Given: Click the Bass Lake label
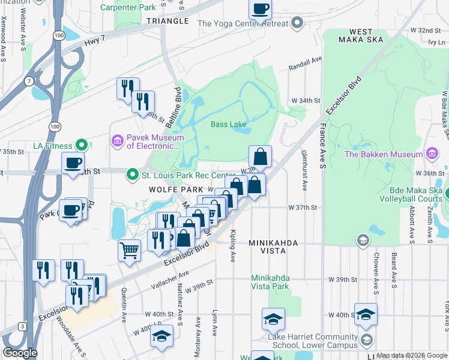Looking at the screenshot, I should coord(228,125).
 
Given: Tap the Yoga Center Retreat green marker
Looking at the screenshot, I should coord(297,24).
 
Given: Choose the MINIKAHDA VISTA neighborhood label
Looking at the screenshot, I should coord(273,247).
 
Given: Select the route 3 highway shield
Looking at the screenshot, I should coord(22,326).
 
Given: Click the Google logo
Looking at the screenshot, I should coord(20,353).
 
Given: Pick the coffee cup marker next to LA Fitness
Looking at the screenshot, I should coord(73,163).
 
